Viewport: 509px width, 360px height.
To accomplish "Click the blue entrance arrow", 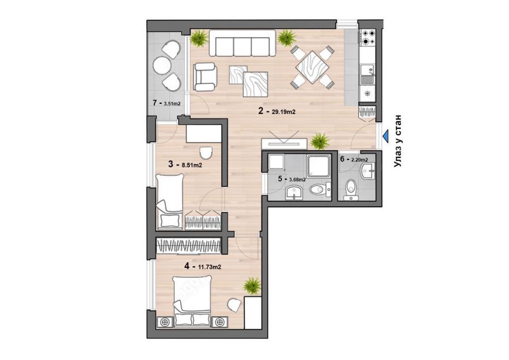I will click(386, 136).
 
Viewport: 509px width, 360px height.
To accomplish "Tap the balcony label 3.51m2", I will click(172, 103).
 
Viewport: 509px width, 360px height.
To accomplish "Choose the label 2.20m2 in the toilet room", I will click(359, 159).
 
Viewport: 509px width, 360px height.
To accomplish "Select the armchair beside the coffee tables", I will click(205, 75).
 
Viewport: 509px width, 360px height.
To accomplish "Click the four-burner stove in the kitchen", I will click(367, 37).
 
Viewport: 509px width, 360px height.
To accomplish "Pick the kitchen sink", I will click(366, 73).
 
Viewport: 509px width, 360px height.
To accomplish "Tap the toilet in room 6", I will click(350, 189).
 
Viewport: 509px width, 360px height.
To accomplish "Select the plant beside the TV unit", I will click(320, 140).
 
